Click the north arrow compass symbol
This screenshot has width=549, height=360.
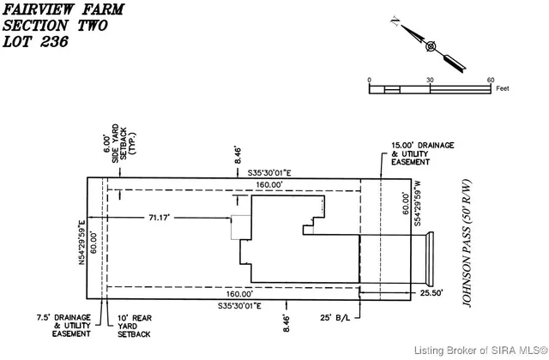point(431,46)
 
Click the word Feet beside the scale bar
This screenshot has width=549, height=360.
point(503,88)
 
